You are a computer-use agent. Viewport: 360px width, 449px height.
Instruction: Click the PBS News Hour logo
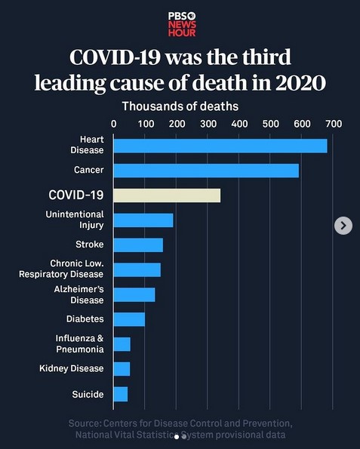180,23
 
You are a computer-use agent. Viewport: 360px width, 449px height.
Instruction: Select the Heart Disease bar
220,146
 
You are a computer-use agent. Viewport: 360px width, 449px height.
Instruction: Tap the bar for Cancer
205,171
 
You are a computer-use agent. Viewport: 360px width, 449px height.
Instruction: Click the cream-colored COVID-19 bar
166,195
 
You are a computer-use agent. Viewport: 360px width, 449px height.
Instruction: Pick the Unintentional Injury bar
143,220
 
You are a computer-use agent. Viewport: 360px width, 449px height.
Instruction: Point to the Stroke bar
137,244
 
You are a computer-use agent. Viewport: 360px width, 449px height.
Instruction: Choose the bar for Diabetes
128,319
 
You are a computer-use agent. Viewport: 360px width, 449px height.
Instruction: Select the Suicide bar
120,394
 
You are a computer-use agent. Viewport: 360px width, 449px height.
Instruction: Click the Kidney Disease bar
122,369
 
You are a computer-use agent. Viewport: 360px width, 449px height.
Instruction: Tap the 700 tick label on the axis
334,123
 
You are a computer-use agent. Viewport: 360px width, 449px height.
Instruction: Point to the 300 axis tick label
208,123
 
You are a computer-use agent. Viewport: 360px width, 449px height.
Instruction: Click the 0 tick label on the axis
114,123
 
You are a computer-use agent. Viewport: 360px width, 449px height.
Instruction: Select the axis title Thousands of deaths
180,106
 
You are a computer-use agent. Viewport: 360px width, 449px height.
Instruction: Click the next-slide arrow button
343,225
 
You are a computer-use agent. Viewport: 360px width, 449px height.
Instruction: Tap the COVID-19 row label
76,195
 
